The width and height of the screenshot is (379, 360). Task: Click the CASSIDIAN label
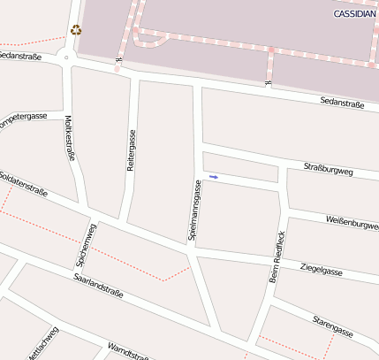(354, 14)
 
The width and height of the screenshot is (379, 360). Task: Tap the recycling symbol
(76, 30)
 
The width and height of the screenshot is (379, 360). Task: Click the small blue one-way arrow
(213, 177)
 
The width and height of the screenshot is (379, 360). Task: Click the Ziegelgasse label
(321, 269)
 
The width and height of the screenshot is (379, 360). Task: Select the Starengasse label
(332, 326)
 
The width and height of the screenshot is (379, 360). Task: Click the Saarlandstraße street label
(98, 287)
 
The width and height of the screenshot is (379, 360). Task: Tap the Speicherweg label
(86, 245)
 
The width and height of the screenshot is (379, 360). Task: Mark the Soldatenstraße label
(23, 184)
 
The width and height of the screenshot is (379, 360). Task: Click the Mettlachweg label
(42, 345)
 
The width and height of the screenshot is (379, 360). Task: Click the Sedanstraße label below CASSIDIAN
(342, 103)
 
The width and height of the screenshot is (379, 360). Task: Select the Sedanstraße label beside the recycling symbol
(20, 55)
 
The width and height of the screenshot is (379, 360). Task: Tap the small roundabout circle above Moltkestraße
(66, 58)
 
